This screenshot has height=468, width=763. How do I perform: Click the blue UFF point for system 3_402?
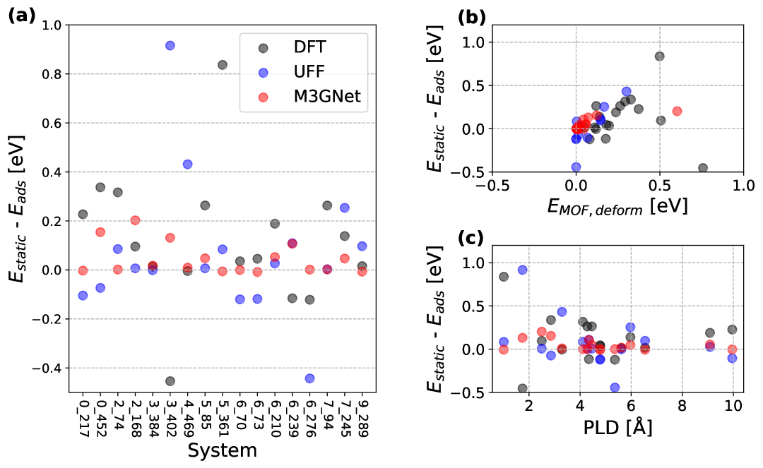pyautogui.click(x=170, y=46)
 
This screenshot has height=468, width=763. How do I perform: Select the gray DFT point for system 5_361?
pyautogui.click(x=223, y=65)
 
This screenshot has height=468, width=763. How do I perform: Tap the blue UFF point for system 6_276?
pyautogui.click(x=309, y=378)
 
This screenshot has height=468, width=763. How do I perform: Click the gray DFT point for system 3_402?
pyautogui.click(x=170, y=381)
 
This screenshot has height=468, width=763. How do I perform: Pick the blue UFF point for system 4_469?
pyautogui.click(x=187, y=164)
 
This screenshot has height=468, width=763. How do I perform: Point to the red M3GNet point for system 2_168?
pyautogui.click(x=135, y=220)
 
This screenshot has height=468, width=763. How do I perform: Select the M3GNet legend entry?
pyautogui.click(x=327, y=97)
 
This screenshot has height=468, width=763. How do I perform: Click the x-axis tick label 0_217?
pyautogui.click(x=83, y=417)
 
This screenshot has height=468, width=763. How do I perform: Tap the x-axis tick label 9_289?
pyautogui.click(x=362, y=417)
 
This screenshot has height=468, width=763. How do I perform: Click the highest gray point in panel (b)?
pyautogui.click(x=659, y=56)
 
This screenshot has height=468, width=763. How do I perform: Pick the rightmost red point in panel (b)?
pyautogui.click(x=677, y=111)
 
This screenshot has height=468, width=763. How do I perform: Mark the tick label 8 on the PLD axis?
pyautogui.click(x=682, y=406)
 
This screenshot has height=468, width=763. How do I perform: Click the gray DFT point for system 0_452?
pyautogui.click(x=100, y=187)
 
